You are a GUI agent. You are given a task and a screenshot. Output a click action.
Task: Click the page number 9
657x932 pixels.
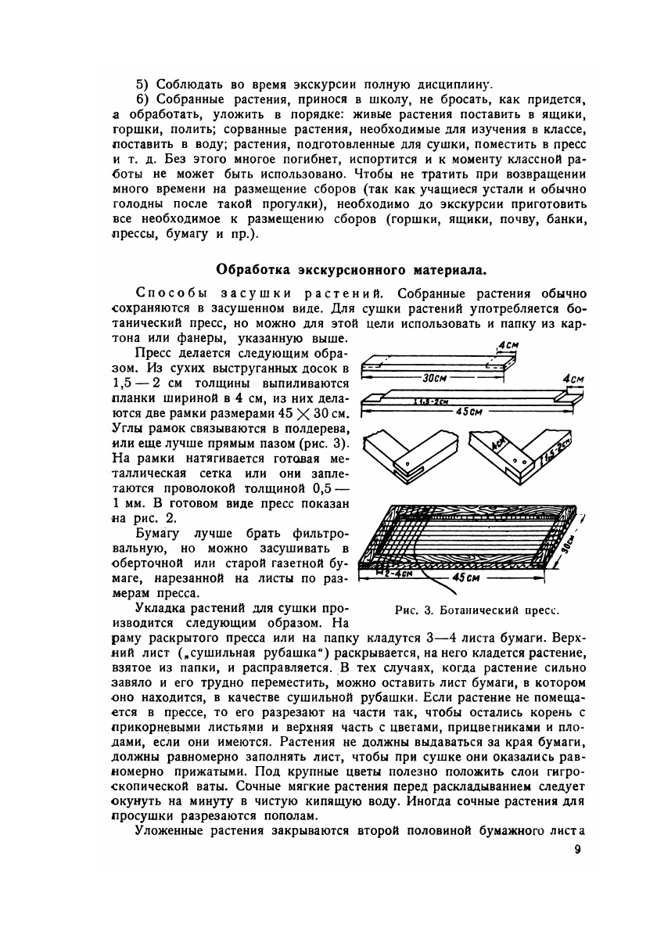(x=577, y=850)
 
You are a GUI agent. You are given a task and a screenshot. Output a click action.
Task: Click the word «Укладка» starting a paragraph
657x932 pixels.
(x=164, y=610)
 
